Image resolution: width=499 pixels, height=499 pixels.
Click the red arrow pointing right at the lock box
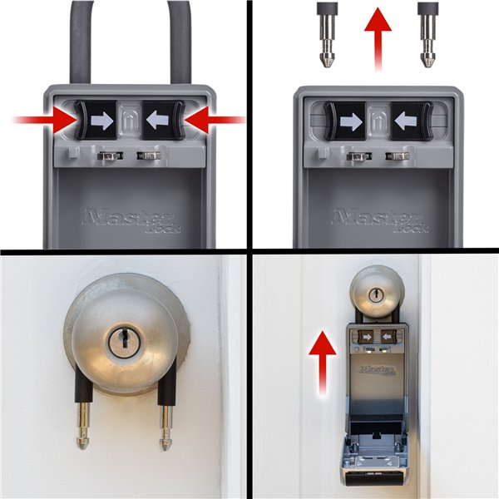pos(42,121)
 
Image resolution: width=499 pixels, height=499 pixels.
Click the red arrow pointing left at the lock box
pos(215,121)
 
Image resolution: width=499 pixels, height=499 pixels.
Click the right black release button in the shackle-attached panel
pos(161,121)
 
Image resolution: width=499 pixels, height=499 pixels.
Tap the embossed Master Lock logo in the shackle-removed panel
pos(377,220)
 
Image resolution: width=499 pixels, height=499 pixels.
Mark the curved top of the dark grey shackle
pos(129,12)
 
